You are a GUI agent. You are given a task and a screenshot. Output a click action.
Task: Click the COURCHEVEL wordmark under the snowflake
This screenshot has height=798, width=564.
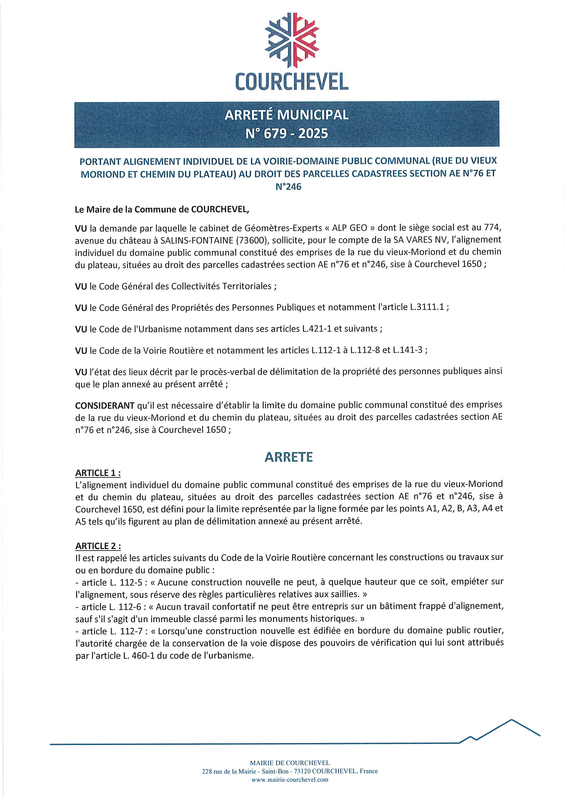coord(292,82)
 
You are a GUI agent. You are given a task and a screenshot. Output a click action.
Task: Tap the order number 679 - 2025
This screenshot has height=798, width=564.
coord(287,133)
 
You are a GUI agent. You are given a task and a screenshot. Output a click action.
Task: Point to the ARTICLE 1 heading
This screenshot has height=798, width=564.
coord(98,473)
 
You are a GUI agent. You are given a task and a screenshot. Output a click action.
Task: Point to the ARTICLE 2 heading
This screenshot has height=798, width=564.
coord(98,546)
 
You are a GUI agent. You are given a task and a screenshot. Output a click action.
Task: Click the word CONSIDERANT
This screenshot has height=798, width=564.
coord(105,405)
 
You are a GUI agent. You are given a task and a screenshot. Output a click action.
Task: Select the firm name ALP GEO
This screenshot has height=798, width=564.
coord(350,228)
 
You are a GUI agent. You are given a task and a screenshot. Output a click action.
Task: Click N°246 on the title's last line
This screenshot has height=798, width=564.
coord(288,187)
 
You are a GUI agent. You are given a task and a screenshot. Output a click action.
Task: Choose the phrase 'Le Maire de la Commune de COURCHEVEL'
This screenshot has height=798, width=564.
coord(162,210)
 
